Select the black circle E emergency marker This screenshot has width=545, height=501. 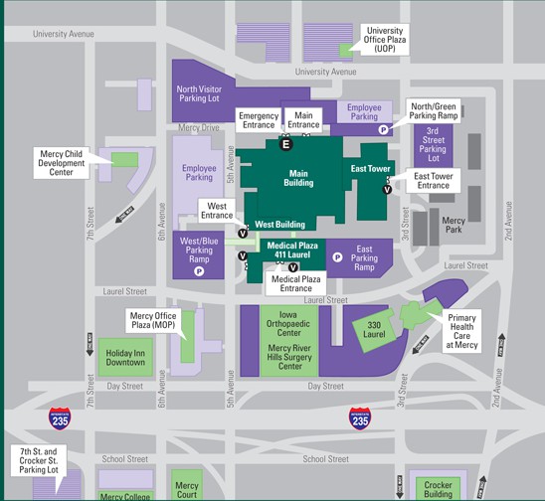pyautogui.click(x=286, y=145)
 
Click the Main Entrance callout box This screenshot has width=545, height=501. pyautogui.click(x=304, y=120)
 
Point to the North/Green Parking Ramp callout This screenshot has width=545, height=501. pyautogui.click(x=434, y=109)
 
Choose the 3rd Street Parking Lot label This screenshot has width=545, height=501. pyautogui.click(x=434, y=144)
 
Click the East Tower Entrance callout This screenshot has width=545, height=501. pyautogui.click(x=433, y=180)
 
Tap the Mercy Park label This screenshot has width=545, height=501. pyautogui.click(x=454, y=226)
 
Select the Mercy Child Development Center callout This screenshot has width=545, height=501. pyautogui.click(x=61, y=163)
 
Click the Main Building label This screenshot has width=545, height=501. pyautogui.click(x=298, y=178)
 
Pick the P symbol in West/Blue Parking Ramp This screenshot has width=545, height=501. pyautogui.click(x=199, y=269)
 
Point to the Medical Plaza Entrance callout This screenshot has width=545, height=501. pyautogui.click(x=297, y=283)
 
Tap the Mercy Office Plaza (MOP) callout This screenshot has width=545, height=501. pyautogui.click(x=152, y=322)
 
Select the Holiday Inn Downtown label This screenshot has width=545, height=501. pyautogui.click(x=126, y=357)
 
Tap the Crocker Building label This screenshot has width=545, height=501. pyautogui.click(x=439, y=488)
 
